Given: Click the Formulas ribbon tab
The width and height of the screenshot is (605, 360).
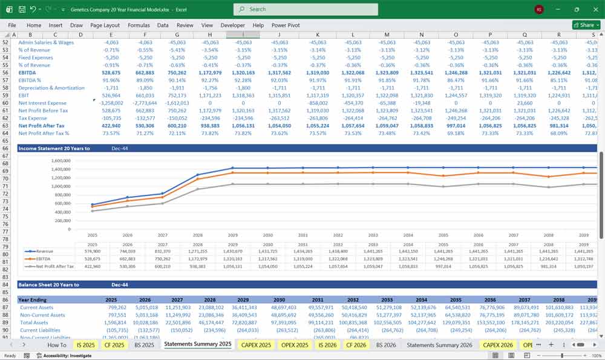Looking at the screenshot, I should point(139,25).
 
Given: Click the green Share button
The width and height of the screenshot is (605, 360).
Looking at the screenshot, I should point(583,25).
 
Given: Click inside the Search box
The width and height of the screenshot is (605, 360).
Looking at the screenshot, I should point(306,9).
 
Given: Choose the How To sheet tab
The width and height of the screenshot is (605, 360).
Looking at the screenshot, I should point(56,345).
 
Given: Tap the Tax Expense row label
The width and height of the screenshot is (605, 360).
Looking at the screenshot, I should point(33,118).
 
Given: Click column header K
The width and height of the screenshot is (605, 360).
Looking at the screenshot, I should point(318,35).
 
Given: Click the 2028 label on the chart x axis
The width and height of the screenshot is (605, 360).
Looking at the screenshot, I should point(198,235).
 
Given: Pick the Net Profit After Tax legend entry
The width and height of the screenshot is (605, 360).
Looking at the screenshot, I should point(54,266).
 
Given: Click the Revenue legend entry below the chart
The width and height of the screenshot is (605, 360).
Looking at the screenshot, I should point(45,250).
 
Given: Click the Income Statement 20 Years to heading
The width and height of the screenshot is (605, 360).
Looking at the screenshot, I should point(54,148).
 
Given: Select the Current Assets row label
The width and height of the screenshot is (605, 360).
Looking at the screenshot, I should point(38,307).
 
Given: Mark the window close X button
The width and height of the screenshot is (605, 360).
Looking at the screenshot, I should point(594,9).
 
